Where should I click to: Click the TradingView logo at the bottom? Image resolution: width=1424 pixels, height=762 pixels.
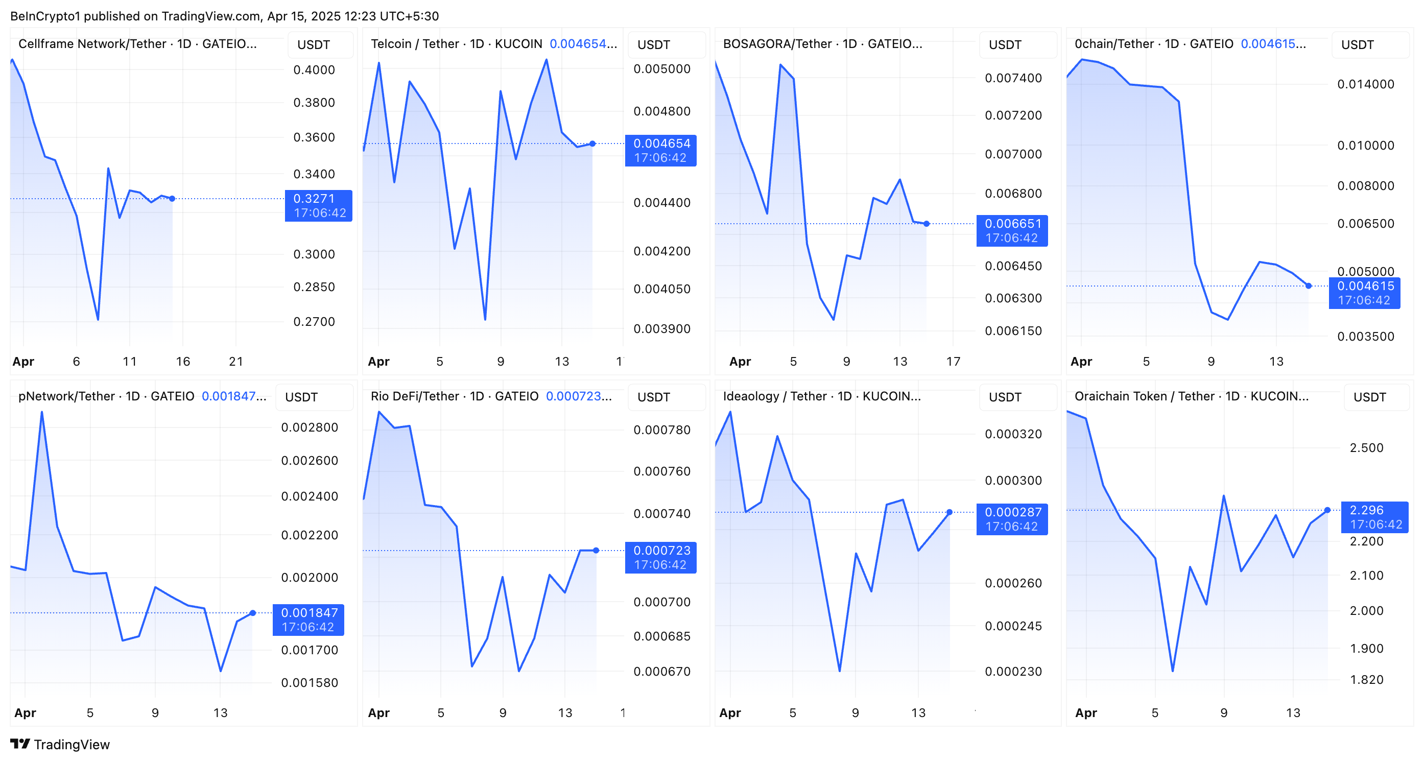coord(60,744)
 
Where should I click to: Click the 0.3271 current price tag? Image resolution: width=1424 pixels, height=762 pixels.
coord(318,205)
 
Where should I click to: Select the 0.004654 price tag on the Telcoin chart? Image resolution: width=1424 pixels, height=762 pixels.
coord(660,150)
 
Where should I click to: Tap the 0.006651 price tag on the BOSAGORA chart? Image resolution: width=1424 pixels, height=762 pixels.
coord(1012,230)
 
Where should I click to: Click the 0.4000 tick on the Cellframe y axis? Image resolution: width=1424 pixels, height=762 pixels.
coord(314,70)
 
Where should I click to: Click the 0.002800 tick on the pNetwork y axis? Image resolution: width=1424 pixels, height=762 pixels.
coord(309,427)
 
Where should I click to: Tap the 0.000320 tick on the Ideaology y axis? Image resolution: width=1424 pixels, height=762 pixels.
coord(1013,434)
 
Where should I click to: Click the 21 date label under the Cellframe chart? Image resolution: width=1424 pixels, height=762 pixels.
coord(236,362)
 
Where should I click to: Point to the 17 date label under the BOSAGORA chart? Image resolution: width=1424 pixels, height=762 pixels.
coord(953,362)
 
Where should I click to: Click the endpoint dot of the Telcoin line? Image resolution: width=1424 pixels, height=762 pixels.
coord(592,144)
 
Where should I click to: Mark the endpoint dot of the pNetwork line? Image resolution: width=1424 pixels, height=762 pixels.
coord(253,613)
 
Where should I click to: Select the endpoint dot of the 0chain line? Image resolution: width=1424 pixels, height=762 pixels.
coord(1309,285)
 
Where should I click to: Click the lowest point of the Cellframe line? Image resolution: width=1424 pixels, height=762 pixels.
coord(98,319)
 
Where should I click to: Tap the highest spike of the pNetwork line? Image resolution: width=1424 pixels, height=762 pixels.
coord(42,412)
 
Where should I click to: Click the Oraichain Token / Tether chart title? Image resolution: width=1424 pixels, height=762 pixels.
coord(1191,396)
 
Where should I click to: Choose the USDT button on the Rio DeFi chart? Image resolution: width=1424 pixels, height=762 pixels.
coord(653,397)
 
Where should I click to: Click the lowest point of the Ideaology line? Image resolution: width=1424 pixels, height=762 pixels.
coord(840,671)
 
